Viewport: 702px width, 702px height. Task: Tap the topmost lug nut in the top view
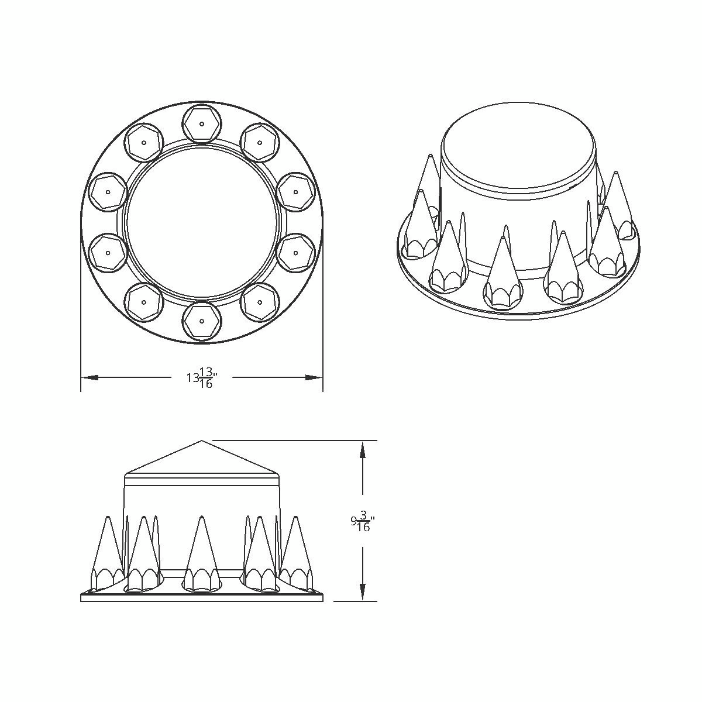[202, 123]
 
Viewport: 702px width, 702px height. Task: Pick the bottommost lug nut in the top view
[202, 321]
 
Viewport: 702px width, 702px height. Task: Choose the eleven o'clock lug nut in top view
[144, 142]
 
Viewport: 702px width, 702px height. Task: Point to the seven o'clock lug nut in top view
[144, 302]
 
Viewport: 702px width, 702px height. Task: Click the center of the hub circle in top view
[202, 222]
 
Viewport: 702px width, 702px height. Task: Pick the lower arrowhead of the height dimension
[363, 591]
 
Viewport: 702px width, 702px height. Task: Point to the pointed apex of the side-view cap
[202, 442]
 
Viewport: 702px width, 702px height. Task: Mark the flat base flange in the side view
[202, 597]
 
